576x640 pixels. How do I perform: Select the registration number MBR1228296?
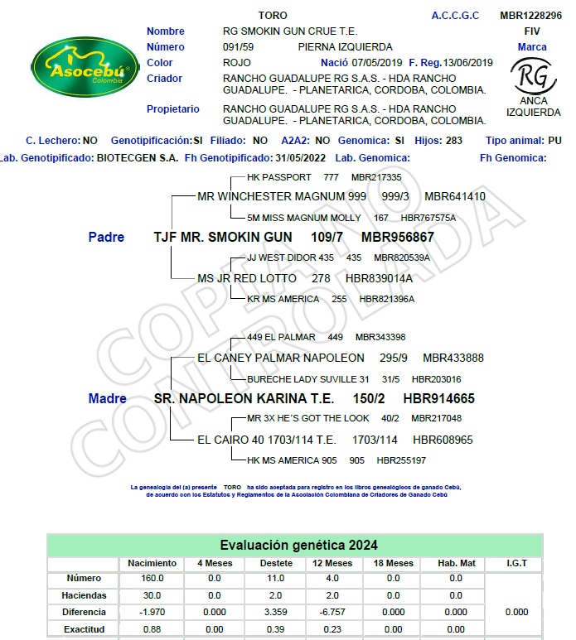(x=530, y=16)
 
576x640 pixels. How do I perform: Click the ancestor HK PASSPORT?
(x=279, y=177)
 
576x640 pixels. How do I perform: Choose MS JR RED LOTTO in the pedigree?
(x=247, y=278)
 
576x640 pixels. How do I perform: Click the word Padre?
(x=106, y=237)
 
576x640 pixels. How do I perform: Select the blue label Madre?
(x=108, y=398)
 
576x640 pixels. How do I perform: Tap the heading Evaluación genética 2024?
(x=298, y=545)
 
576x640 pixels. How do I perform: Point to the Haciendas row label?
(x=84, y=595)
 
